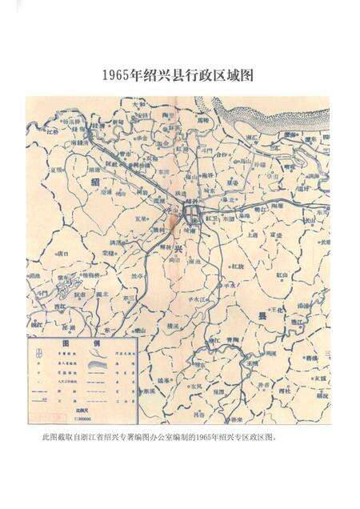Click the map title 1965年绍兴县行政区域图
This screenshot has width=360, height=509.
(x=179, y=76)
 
